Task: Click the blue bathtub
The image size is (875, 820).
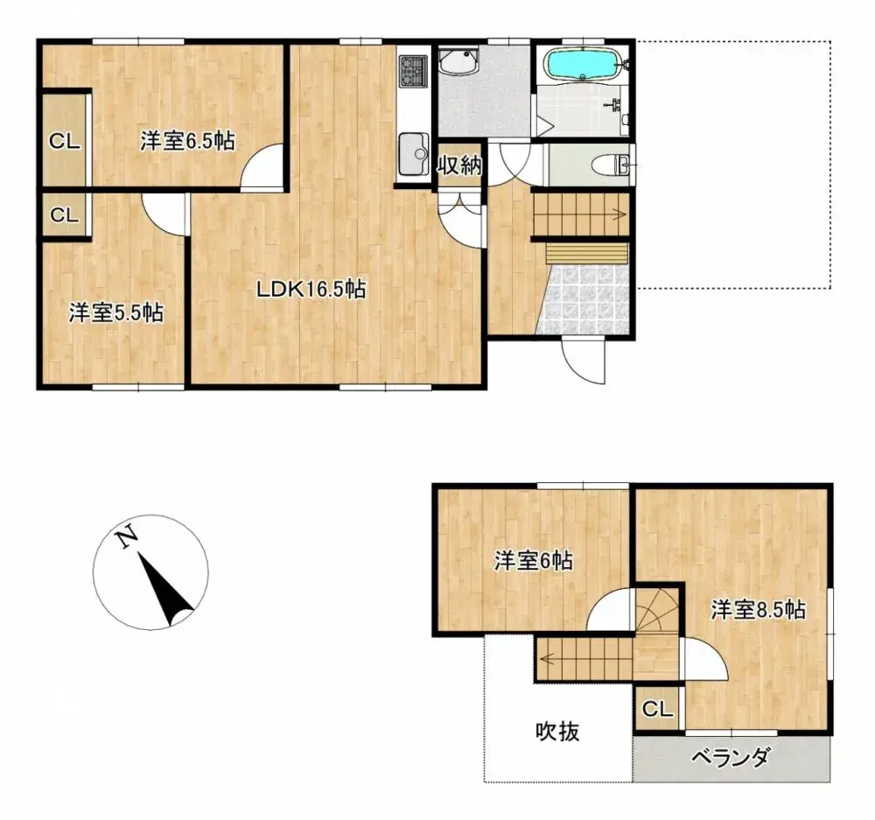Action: [583, 65]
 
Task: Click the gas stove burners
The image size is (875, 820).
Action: [412, 71]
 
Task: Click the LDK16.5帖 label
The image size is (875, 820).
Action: [311, 290]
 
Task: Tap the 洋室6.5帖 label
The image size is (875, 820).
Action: [187, 141]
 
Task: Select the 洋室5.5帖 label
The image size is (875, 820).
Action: [116, 312]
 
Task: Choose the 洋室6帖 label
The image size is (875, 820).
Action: [534, 561]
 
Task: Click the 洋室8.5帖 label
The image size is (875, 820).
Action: [758, 610]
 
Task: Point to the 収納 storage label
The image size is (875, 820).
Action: [460, 166]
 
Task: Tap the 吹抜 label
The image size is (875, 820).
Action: [557, 732]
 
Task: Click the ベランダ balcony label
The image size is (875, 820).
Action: [731, 758]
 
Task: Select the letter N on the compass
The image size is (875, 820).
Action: [128, 536]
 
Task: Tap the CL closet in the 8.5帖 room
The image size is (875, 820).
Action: [658, 710]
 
